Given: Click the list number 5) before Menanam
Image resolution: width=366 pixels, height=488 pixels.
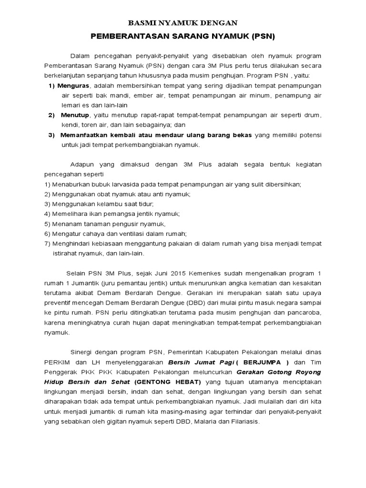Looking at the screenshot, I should (x=47, y=224).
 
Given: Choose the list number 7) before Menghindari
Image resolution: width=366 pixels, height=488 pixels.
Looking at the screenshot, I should (x=47, y=244).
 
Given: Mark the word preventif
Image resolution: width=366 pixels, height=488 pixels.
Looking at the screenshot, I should (x=58, y=303).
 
